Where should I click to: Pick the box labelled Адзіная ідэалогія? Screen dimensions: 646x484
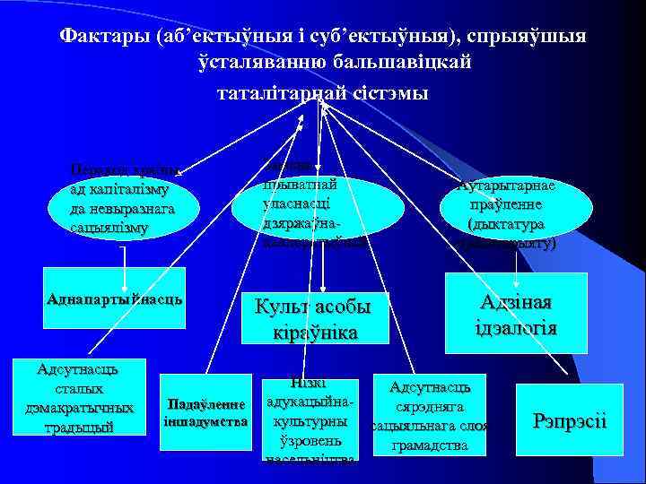pos(517,315)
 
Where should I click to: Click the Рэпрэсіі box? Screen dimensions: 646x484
pos(570,419)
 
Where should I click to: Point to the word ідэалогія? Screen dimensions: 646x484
pos(516,328)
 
